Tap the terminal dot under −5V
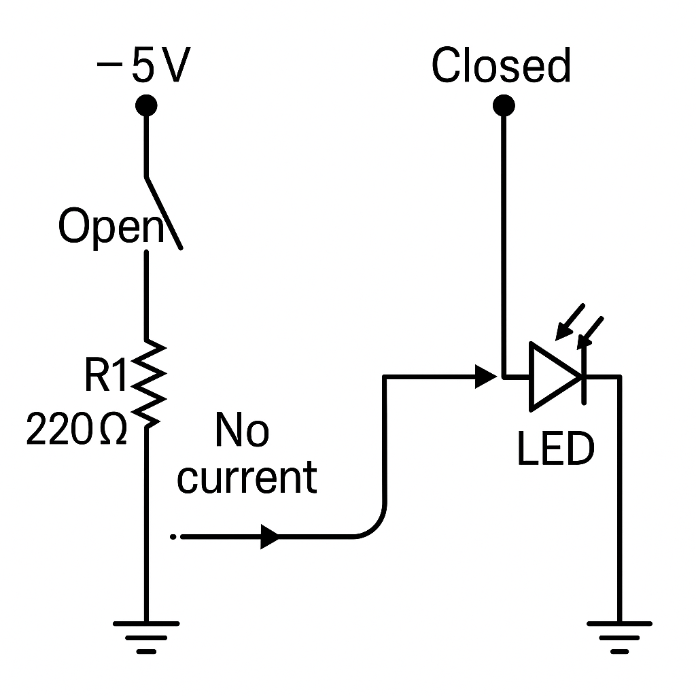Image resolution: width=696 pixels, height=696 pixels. [146, 105]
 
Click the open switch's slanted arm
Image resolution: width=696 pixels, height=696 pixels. [164, 211]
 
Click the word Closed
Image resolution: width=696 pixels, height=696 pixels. [501, 67]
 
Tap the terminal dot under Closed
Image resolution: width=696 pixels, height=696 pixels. [503, 105]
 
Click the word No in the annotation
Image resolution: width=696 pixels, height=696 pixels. [241, 431]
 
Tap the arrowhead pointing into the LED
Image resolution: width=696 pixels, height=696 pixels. [485, 375]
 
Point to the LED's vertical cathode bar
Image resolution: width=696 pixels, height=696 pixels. [583, 376]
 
